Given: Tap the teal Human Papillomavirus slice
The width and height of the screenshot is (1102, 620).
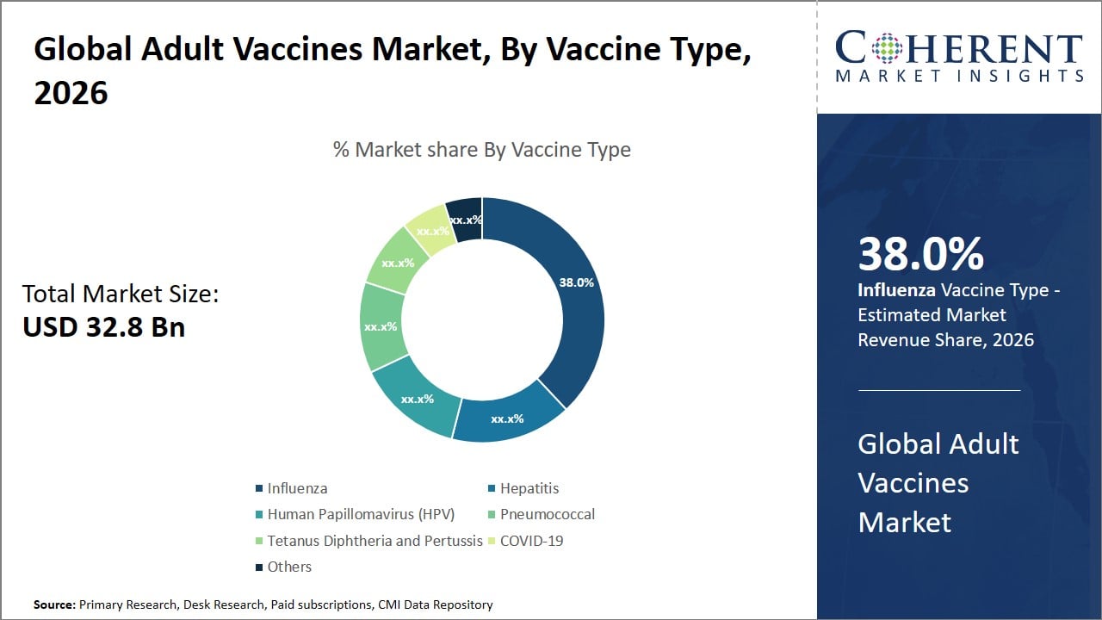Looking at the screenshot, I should pos(417,401).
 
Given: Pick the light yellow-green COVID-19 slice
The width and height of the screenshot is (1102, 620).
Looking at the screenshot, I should pos(429,230).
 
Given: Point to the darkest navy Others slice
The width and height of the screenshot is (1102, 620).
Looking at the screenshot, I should pos(466,219).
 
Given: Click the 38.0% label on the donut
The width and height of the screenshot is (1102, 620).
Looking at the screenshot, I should pos(576,282).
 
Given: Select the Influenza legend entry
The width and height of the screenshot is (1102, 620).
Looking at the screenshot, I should pos(297,488).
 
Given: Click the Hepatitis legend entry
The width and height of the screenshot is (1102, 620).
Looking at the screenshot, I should pos(529,488).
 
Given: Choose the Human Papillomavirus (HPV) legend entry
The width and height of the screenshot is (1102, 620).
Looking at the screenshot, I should pos(360,514).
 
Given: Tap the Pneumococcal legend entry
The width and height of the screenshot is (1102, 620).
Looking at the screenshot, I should pos(547,514).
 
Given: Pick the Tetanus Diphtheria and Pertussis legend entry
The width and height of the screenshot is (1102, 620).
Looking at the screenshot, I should pos(375,541).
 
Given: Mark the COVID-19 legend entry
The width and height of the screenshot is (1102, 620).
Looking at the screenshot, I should pos(531,541).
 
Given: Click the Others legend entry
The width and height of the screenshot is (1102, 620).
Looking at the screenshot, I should pos(289,567).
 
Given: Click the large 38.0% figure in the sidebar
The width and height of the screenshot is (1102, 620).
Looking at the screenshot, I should pos(920,254).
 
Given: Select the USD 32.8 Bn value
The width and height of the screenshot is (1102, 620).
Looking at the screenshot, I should pos(104,326).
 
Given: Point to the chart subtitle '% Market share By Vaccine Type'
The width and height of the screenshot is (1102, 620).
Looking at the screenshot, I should pos(482,150).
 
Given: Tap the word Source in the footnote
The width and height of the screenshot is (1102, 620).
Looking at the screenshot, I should pos(54,604).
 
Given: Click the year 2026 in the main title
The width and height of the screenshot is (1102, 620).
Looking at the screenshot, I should pos(71,92).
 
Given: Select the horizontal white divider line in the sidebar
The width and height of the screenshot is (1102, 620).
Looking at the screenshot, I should pos(939,390).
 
